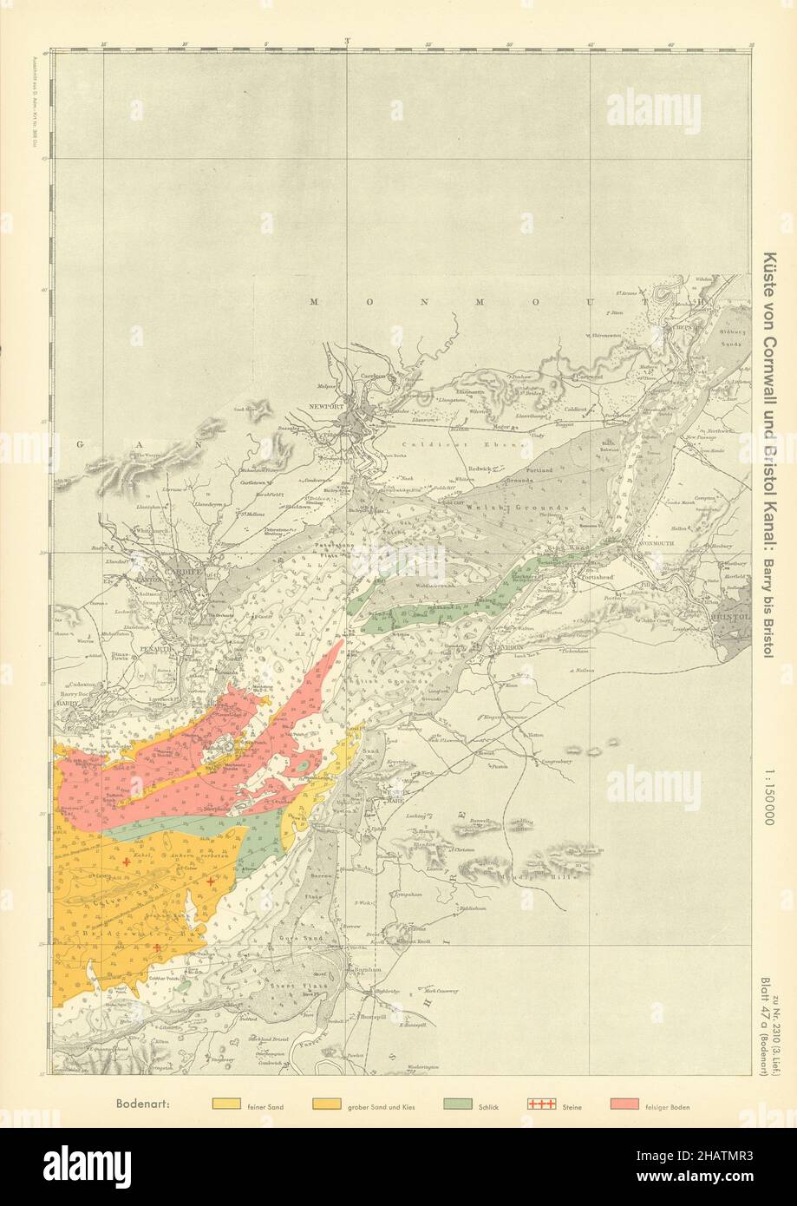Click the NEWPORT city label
[x=329, y=406]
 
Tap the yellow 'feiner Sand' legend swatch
[x=226, y=1104]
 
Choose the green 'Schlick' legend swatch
[x=457, y=1104]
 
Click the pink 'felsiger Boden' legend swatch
[x=624, y=1104]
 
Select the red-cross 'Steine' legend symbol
[x=540, y=1104]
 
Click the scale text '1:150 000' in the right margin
[x=768, y=795]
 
